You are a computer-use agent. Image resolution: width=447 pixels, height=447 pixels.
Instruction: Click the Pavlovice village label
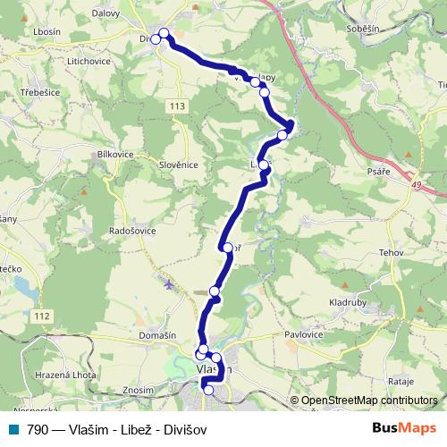[x=303, y=334]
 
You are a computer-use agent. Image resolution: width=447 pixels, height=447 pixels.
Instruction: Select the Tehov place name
[x=391, y=253]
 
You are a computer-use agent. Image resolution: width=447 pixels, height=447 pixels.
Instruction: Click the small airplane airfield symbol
[x=170, y=285]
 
